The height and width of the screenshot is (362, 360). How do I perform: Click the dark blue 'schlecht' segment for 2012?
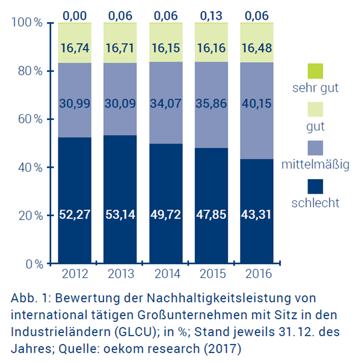pyautogui.click(x=75, y=200)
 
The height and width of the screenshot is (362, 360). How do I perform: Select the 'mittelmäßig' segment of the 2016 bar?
pyautogui.click(x=257, y=110)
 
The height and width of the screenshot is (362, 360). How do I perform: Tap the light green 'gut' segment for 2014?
pyautogui.click(x=166, y=42)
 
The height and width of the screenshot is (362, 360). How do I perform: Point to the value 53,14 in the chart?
pyautogui.click(x=120, y=214)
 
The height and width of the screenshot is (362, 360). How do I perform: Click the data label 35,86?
pyautogui.click(x=211, y=103)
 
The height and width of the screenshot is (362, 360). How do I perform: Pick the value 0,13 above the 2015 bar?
pyautogui.click(x=211, y=16)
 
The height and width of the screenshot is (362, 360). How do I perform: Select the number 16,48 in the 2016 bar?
pyautogui.click(x=257, y=48)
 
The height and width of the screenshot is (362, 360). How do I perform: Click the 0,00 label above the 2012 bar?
pyautogui.click(x=75, y=16)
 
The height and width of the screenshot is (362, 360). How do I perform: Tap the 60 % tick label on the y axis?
pyautogui.click(x=31, y=119)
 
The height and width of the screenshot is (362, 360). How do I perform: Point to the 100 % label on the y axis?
pyautogui.click(x=27, y=23)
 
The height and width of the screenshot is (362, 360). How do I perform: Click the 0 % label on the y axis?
pyautogui.click(x=34, y=264)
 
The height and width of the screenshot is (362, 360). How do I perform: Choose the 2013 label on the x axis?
pyautogui.click(x=121, y=274)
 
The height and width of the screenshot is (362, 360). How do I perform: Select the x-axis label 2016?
pyautogui.click(x=259, y=274)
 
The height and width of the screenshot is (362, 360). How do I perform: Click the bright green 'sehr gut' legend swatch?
pyautogui.click(x=315, y=71)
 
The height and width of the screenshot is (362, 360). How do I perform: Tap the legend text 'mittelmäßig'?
pyautogui.click(x=315, y=165)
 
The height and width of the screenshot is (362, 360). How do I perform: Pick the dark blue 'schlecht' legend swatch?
pyautogui.click(x=315, y=186)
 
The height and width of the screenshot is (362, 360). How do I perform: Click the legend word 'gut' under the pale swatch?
pyautogui.click(x=315, y=127)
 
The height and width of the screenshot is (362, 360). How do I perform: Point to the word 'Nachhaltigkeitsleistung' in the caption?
pyautogui.click(x=219, y=298)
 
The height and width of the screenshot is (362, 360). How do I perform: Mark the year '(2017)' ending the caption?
pyautogui.click(x=223, y=349)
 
